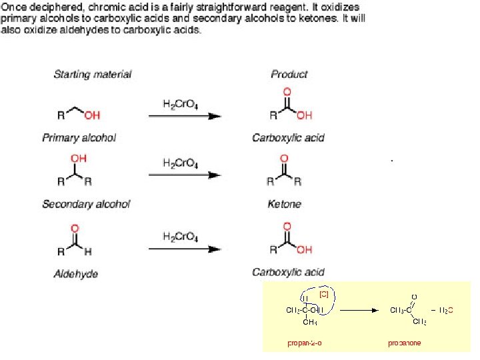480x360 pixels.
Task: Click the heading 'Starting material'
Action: [x=92, y=74]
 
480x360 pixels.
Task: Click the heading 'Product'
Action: [x=289, y=74]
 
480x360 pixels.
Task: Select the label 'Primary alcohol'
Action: [x=79, y=138]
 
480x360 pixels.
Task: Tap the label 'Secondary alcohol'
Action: [x=86, y=204]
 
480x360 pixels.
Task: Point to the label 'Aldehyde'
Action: [x=75, y=273]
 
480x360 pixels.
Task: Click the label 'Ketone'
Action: [x=284, y=204]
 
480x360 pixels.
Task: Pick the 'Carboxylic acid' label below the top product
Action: [x=288, y=138]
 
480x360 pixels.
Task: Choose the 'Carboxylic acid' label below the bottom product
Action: [x=288, y=272]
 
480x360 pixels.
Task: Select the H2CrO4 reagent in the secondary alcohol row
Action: [x=180, y=163]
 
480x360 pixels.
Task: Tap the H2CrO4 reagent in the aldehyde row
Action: [x=180, y=237]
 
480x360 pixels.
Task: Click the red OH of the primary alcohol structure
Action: [x=92, y=115]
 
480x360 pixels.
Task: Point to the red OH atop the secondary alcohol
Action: [x=78, y=159]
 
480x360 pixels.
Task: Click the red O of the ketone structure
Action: [x=285, y=159]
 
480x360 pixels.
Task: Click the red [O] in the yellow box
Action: [x=324, y=293]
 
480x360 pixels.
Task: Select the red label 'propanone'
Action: [x=405, y=343]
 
